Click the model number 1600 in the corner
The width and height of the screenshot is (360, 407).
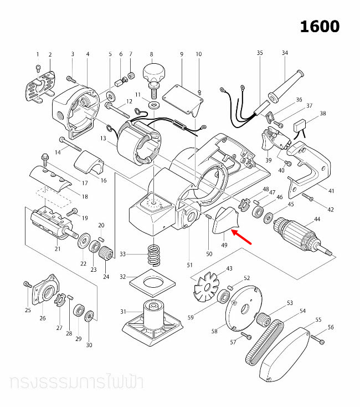[320, 26]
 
